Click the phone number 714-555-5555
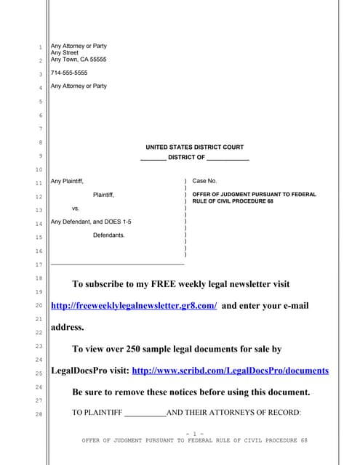[x=69, y=73]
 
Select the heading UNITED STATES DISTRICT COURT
[x=194, y=147]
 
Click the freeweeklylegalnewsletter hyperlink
[x=134, y=306]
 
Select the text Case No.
[x=204, y=181]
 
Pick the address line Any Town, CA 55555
[x=78, y=60]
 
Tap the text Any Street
[x=64, y=52]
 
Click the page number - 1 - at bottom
[x=194, y=434]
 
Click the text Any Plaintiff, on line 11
[x=67, y=181]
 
